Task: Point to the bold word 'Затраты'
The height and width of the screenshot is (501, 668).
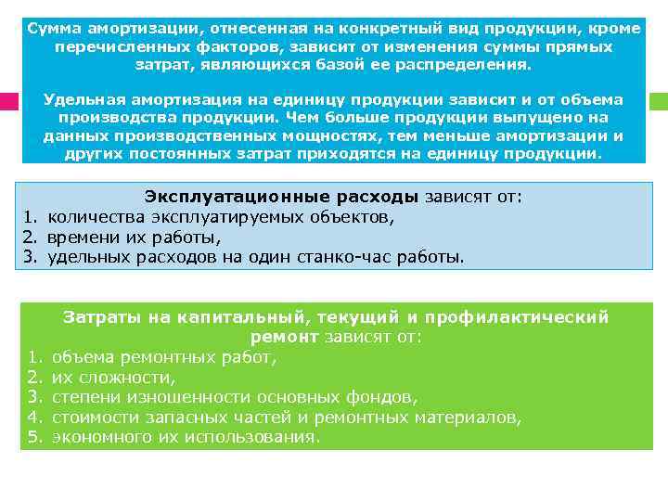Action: pos(99,316)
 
